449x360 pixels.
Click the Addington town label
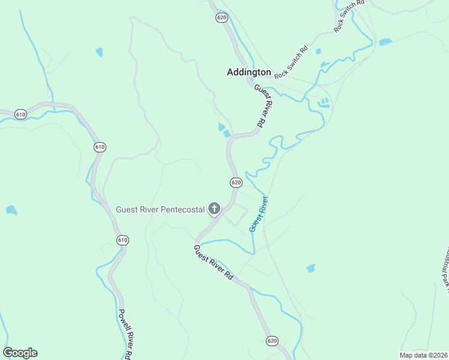(249, 72)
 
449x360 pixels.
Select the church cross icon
(214, 209)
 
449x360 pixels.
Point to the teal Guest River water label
(258, 214)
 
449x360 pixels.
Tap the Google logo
(20, 353)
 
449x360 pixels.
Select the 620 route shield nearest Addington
(221, 17)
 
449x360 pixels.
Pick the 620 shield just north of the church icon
(235, 182)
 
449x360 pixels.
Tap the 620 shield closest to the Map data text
(273, 340)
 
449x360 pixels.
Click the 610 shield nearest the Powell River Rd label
(122, 240)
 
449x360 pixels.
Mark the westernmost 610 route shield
(20, 114)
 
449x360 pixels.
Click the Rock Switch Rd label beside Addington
(291, 62)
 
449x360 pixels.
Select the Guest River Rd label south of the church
(213, 262)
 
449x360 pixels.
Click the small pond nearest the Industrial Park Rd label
(310, 268)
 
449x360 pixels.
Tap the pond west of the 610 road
(11, 210)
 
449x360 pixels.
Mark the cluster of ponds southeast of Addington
(325, 103)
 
